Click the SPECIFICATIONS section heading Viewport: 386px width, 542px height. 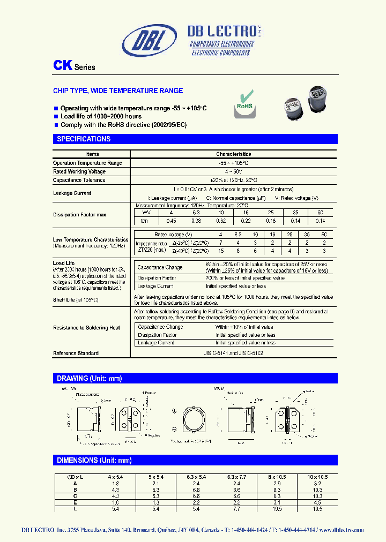[84, 139]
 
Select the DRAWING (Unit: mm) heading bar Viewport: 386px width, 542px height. [90, 379]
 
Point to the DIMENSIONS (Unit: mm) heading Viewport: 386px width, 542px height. [94, 461]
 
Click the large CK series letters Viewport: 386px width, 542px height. [62, 66]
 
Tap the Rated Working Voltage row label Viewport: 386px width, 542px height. [79, 171]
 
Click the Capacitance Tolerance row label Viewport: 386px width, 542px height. [79, 180]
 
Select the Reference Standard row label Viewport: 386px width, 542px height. [76, 353]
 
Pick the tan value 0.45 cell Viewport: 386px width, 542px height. [172, 221]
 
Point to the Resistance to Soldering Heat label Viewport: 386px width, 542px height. [87, 328]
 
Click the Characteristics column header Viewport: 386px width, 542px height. [233, 154]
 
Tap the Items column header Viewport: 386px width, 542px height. [92, 154]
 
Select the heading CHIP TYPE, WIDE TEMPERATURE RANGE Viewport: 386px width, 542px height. [118, 91]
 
